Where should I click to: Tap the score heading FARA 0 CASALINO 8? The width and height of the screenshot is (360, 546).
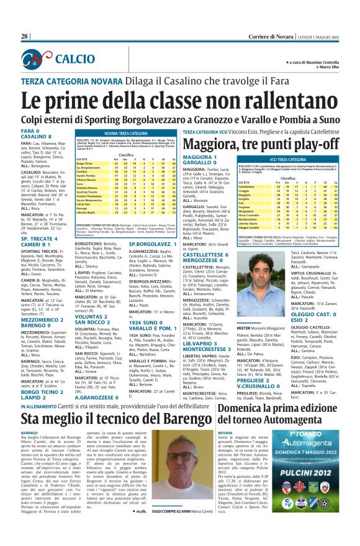(x=38, y=134)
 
